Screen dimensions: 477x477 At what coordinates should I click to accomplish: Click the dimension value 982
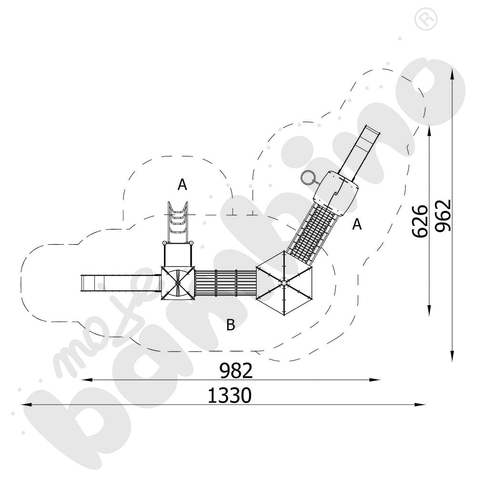(x=236, y=370)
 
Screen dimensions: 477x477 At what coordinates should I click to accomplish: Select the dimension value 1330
(x=230, y=395)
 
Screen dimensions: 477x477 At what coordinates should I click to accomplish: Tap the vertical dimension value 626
(x=420, y=221)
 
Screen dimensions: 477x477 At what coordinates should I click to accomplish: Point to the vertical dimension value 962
(x=443, y=216)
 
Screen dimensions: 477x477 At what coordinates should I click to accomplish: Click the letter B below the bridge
(x=230, y=325)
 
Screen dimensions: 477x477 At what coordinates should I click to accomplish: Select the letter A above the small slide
(x=182, y=185)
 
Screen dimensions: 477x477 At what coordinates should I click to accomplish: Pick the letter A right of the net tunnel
(x=357, y=224)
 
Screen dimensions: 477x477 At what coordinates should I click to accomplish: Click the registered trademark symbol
(x=426, y=19)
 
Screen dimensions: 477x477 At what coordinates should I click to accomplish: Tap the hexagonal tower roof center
(x=284, y=282)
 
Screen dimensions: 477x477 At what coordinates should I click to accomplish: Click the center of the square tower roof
(x=177, y=283)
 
